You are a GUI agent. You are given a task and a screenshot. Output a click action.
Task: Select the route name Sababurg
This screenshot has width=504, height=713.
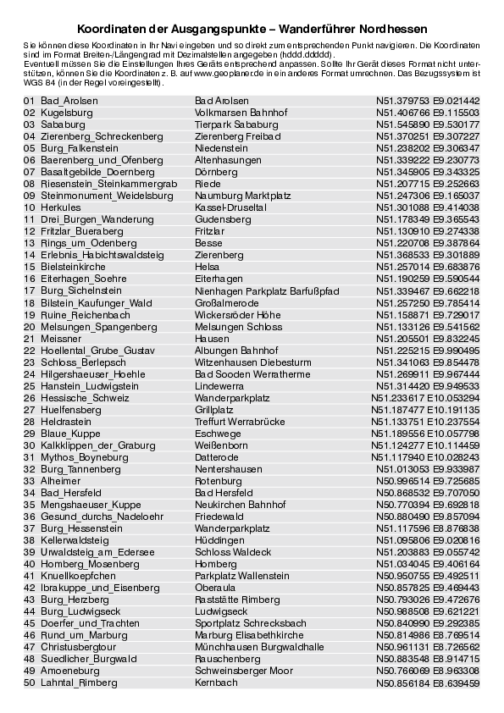62,124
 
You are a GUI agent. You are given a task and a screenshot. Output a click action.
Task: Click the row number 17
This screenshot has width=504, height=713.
29,290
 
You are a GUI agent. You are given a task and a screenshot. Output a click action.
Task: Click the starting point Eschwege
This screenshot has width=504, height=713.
217,433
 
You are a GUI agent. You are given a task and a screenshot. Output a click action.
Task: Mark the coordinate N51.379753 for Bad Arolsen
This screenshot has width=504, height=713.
403,100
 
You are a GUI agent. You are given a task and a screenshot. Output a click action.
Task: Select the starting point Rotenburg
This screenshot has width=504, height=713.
219,480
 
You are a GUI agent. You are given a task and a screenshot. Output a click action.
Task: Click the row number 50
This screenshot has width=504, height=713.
29,682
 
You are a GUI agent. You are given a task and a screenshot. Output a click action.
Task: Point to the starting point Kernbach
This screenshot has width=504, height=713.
216,682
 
